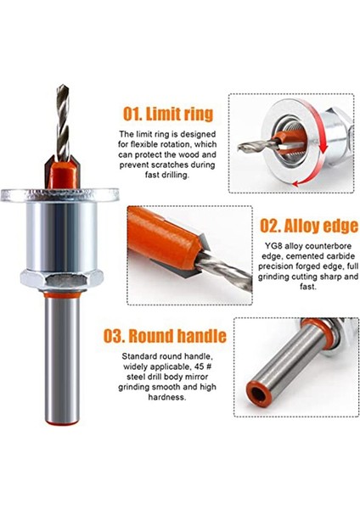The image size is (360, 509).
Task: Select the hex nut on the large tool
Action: (x=59, y=281)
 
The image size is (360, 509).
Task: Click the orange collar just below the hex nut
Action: (x=59, y=299)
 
